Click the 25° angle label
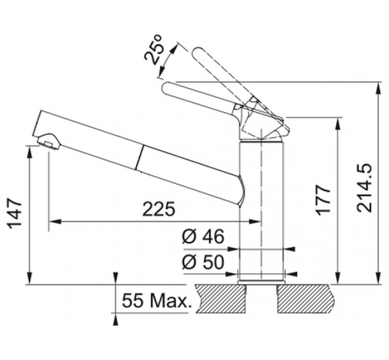(x=153, y=50)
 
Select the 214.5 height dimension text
(x=365, y=188)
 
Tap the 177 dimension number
(x=323, y=200)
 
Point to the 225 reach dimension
(x=159, y=209)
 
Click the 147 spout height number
(x=14, y=213)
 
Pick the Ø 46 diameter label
(x=203, y=236)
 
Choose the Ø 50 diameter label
(x=203, y=262)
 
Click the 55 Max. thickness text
(x=157, y=301)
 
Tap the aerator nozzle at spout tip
(x=49, y=141)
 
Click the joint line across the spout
(x=139, y=158)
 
